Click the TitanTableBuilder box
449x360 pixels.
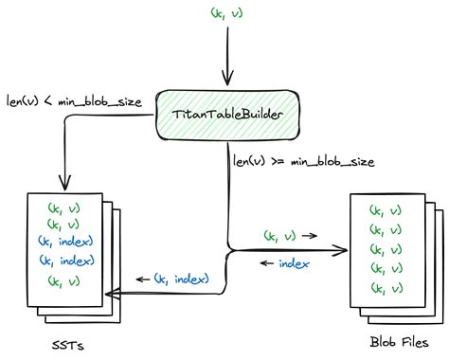pos(224,117)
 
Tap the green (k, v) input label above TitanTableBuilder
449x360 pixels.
pos(225,13)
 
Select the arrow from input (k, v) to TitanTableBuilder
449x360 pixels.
pos(225,57)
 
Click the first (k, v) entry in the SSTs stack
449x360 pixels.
pos(63,207)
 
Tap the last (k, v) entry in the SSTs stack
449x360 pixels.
pos(63,279)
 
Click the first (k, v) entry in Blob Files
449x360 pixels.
pos(385,209)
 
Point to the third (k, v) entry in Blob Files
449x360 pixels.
pos(385,250)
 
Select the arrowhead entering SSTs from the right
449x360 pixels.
pos(108,295)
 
